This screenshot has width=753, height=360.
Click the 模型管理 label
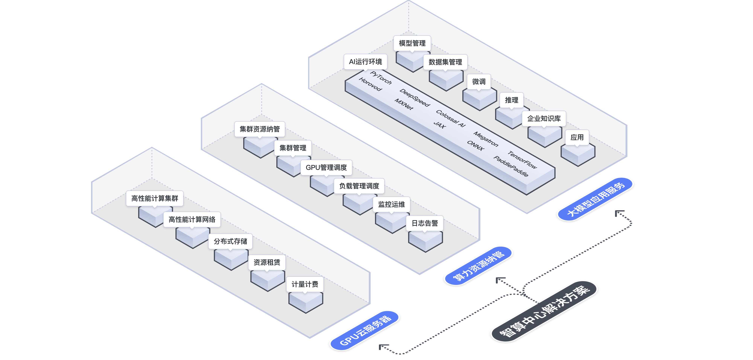click(x=412, y=43)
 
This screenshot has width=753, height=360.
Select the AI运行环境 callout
click(x=365, y=62)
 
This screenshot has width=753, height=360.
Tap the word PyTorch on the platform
click(x=381, y=78)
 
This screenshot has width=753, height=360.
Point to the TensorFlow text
click(x=522, y=160)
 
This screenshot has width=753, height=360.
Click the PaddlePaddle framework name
click(x=511, y=166)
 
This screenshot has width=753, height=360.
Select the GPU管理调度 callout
click(x=326, y=168)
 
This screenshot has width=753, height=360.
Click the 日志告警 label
click(x=425, y=223)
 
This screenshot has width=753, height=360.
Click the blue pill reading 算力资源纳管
click(x=478, y=266)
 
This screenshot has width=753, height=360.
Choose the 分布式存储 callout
click(x=230, y=241)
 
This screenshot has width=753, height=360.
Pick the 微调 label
click(x=479, y=82)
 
